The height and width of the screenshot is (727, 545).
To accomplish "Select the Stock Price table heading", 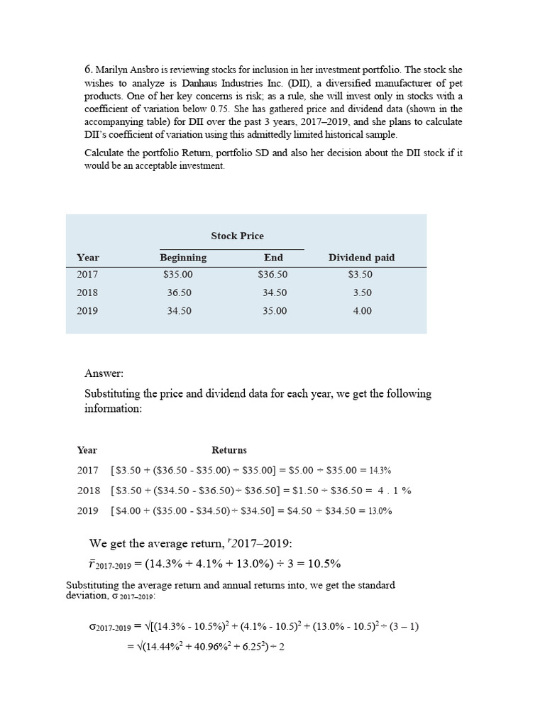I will [237, 236].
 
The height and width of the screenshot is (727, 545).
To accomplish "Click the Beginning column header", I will [183, 258].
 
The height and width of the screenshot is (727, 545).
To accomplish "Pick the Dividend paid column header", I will [362, 258].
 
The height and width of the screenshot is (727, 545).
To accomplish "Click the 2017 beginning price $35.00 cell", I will [177, 275].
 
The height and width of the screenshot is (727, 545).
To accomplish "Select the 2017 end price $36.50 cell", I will [273, 275].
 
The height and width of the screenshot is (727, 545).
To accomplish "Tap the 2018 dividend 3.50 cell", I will [362, 293].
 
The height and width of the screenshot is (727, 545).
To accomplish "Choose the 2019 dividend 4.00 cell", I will [362, 311].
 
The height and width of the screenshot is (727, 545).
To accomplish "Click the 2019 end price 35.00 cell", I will [275, 311].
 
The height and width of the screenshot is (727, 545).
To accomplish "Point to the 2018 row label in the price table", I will [88, 293].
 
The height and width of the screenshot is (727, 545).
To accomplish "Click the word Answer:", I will [104, 373].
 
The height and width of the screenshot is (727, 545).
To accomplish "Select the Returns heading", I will [229, 450].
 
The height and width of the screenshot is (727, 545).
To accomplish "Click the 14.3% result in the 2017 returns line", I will [380, 470].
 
